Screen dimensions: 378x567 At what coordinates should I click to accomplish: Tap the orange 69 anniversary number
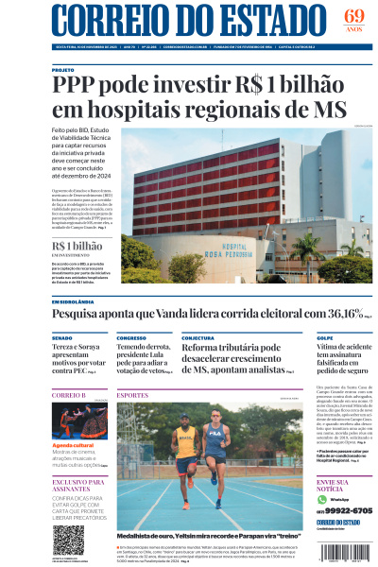(x=354, y=16)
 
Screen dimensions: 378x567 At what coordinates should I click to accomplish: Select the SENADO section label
(x=61, y=337)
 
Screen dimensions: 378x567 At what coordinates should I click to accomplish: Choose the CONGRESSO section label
(x=131, y=337)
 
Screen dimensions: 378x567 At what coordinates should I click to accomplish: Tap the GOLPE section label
(x=324, y=337)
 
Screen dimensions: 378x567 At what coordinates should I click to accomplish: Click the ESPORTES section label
(x=132, y=394)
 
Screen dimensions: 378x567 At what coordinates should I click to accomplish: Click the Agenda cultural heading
(x=75, y=444)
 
